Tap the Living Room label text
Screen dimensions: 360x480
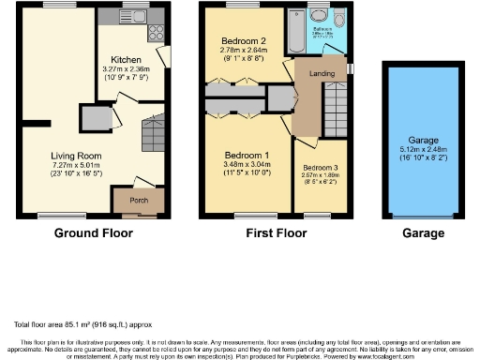pos(77,157)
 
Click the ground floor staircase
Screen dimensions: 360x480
pos(150,131)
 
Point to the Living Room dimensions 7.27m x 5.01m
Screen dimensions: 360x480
pos(77,168)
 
